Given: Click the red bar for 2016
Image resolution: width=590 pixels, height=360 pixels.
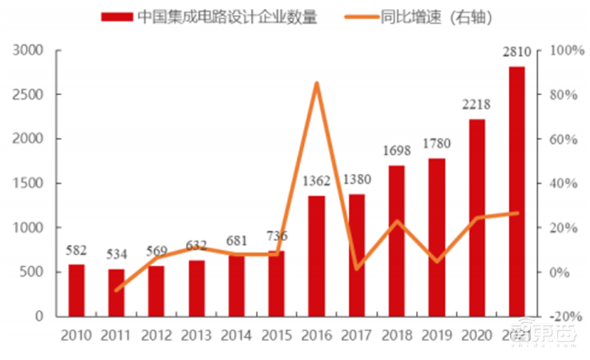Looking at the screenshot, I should click(x=316, y=255).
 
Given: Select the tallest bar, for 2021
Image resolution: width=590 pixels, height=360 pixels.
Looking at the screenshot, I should click(x=516, y=191).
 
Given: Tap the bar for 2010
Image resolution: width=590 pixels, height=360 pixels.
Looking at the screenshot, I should click(x=77, y=290).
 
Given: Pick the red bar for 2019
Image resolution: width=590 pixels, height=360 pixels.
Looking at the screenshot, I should click(x=437, y=237).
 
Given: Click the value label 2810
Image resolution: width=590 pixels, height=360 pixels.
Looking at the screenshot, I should click(x=516, y=53).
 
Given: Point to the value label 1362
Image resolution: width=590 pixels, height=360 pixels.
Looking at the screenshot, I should click(x=316, y=181).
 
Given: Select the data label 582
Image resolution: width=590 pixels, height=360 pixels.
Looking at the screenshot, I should click(x=77, y=249).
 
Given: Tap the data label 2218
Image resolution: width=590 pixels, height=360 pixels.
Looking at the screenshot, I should click(x=476, y=105).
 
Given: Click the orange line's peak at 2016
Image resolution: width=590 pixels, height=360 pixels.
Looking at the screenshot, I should click(x=316, y=83).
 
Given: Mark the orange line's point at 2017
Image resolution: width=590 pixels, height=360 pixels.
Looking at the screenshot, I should click(x=356, y=269).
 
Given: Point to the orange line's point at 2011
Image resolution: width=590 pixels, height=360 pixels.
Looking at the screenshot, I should click(x=117, y=290).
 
